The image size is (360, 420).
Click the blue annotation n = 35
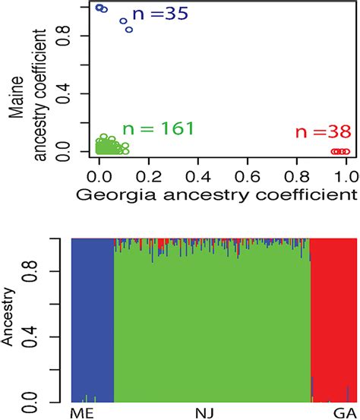coord(159,13)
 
